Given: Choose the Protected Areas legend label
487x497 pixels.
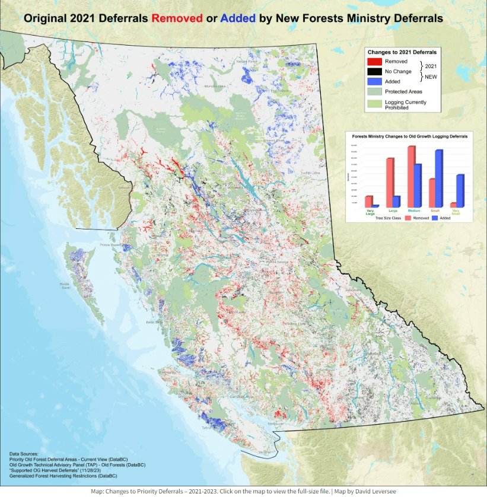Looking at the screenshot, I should click(x=405, y=91).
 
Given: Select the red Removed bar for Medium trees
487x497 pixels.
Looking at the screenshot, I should click(x=411, y=176).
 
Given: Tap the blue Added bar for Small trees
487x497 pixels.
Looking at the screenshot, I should click(x=439, y=178).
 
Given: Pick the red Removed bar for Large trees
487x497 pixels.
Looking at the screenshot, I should click(x=390, y=182).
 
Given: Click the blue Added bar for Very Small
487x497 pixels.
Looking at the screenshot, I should click(x=460, y=190).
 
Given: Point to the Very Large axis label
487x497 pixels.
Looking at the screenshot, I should click(x=371, y=211).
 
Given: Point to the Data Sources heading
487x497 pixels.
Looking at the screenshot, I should click(x=24, y=454).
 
